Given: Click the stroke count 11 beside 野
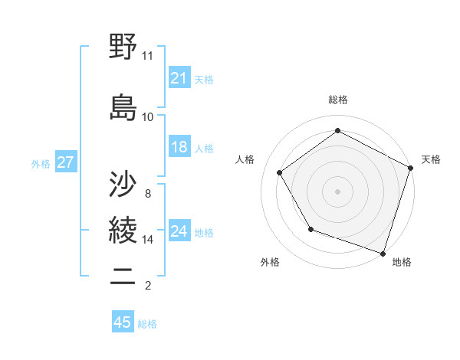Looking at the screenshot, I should point(148,56).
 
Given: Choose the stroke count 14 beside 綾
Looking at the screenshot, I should point(148,240).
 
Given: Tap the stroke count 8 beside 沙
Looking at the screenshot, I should point(148,194).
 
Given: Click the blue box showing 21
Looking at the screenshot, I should point(179,78).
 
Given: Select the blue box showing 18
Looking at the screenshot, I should point(179,147).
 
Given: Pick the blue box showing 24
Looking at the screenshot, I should point(179,231).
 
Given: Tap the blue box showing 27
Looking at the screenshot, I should point(65,162).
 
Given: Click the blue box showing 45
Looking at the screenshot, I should point(122,322).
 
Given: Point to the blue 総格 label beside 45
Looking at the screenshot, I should point(147,324).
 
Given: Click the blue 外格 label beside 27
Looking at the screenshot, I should point(41,163).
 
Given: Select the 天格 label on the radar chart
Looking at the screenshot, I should point(431,159).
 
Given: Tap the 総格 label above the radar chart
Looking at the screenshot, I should point(338,100).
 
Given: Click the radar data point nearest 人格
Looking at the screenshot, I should point(280,173).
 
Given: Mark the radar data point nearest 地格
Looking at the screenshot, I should point(383,253).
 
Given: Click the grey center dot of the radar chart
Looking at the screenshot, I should point(338,191).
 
